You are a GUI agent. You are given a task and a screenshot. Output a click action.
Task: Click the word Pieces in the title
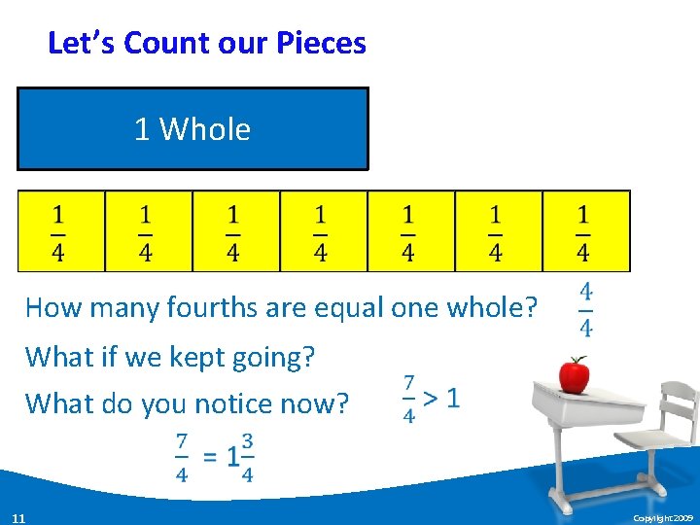click(321, 44)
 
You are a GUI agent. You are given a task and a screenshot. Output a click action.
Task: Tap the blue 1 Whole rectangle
click(192, 129)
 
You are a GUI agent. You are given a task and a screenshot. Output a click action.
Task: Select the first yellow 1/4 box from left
click(60, 230)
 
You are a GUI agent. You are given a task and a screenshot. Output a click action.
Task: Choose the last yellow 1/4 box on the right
click(585, 230)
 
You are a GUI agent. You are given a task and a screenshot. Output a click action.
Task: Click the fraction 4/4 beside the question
click(586, 308)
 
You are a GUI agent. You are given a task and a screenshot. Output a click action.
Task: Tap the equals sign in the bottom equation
click(210, 456)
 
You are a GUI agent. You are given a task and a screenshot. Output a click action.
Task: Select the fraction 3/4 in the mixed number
click(248, 457)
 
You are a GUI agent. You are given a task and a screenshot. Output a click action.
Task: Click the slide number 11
click(18, 517)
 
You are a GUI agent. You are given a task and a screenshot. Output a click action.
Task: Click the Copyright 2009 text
click(662, 518)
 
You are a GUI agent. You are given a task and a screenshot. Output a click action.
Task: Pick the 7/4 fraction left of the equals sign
click(182, 457)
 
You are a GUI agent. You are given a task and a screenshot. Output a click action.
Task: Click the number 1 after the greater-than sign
click(453, 398)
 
